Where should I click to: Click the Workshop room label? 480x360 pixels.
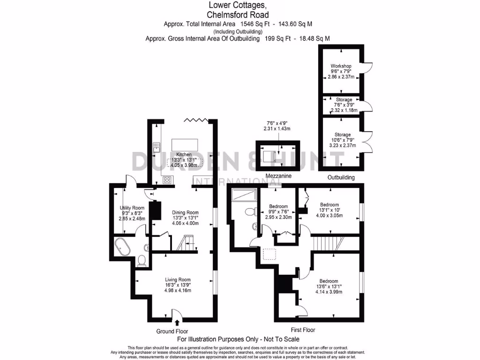(x=341, y=66)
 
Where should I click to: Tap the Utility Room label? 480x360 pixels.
(x=132, y=208)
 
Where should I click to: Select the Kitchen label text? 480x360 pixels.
(x=184, y=154)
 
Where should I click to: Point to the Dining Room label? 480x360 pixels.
(x=185, y=212)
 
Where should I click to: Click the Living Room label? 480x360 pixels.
(x=178, y=279)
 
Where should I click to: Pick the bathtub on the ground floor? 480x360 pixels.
(x=123, y=247)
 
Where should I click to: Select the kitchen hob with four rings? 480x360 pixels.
(x=167, y=179)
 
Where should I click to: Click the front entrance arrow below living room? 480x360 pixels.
(x=177, y=322)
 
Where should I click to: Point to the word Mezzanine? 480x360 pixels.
(x=278, y=176)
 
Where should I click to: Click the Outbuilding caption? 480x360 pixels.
(x=341, y=178)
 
